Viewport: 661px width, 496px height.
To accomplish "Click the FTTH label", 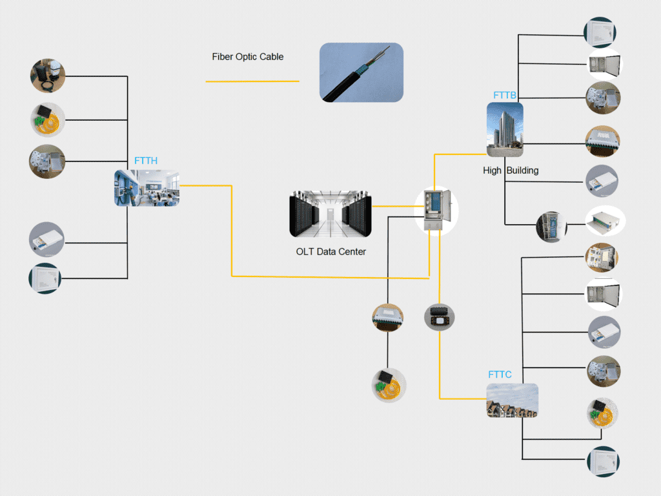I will click(146, 161).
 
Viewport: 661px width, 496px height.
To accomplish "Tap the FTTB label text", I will click(505, 96).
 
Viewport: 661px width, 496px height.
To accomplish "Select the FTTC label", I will click(500, 375).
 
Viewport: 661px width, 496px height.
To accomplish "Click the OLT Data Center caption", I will click(330, 252).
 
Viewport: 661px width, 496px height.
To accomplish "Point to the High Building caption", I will click(511, 171).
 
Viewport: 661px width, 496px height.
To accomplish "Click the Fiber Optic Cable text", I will click(248, 57).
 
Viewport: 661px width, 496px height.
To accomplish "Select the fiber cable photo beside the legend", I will click(361, 72).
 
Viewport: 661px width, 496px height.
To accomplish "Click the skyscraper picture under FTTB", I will click(505, 130).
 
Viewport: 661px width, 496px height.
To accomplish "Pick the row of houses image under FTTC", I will click(512, 400).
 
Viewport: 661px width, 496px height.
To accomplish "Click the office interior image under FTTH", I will click(147, 188).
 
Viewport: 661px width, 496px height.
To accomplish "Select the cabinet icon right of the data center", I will click(436, 210).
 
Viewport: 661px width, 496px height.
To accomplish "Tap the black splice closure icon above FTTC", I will click(440, 317).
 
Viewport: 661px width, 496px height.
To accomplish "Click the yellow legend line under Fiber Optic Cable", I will click(252, 81).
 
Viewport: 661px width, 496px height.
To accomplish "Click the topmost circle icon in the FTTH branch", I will click(48, 76).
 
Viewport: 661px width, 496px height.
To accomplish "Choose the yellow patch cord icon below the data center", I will click(388, 386).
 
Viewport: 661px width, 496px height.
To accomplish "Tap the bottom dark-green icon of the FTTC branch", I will click(603, 461).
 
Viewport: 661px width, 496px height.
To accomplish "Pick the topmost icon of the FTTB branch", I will click(600, 32).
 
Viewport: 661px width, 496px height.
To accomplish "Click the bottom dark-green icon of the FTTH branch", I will click(45, 278).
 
